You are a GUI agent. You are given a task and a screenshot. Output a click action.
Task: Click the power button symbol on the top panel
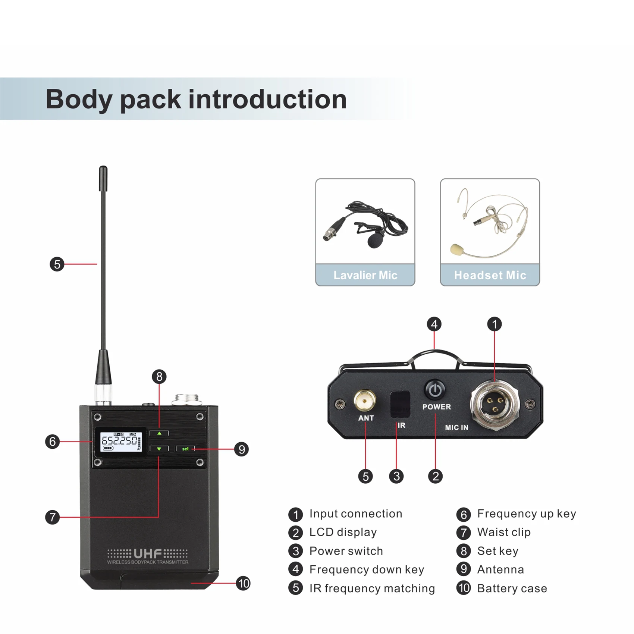[x=434, y=390]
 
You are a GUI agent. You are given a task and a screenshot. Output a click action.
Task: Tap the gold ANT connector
[x=365, y=401]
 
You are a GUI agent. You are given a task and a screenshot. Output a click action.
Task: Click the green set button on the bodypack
[x=185, y=449]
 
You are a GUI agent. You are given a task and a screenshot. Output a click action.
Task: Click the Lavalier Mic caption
[x=365, y=275]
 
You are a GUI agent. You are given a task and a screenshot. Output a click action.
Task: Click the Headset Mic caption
[x=490, y=275]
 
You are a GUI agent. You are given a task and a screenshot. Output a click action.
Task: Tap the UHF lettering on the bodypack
[x=148, y=553]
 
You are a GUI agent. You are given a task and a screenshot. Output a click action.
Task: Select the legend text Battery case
[x=512, y=589]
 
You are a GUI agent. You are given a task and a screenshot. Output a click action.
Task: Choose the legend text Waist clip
[x=504, y=532]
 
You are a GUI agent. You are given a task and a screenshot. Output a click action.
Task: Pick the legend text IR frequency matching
[x=372, y=589]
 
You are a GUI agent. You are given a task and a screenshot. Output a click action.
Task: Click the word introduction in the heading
[x=267, y=99]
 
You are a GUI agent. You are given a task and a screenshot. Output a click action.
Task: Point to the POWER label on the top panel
[x=436, y=407]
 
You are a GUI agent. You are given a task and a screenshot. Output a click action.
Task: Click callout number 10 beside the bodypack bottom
[x=243, y=583]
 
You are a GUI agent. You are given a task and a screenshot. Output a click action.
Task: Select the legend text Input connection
[x=356, y=514]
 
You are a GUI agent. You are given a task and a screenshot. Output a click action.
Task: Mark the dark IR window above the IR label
[x=400, y=404]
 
